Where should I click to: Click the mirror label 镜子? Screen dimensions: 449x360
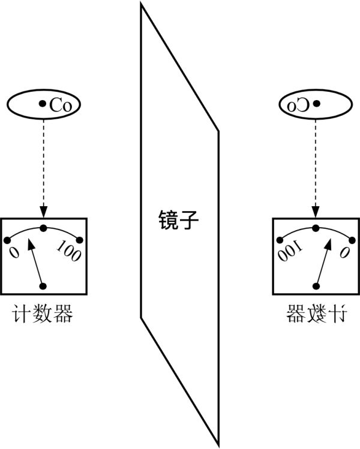(x=178, y=220)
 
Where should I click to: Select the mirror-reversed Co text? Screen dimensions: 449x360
(x=299, y=105)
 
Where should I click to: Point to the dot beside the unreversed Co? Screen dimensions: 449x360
(x=42, y=104)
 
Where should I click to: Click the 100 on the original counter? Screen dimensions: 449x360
(x=68, y=252)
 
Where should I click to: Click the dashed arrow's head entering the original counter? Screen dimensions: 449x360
(x=43, y=213)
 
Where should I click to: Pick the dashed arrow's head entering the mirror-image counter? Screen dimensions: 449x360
(x=316, y=213)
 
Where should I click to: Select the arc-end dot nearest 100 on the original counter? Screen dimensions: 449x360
(x=79, y=240)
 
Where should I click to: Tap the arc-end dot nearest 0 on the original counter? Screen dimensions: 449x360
(x=7, y=240)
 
